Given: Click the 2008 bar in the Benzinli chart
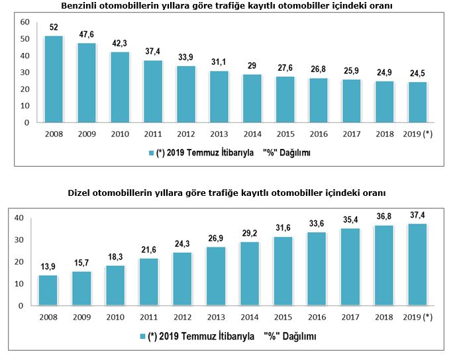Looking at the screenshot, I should click(53, 79).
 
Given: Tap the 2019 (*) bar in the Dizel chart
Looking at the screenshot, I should click(417, 265).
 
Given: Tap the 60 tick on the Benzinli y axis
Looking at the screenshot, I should click(26, 22).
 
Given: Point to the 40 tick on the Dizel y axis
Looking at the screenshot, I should click(20, 218).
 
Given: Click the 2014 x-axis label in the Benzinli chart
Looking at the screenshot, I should click(252, 134).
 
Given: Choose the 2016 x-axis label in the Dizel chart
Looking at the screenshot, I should click(317, 316).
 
